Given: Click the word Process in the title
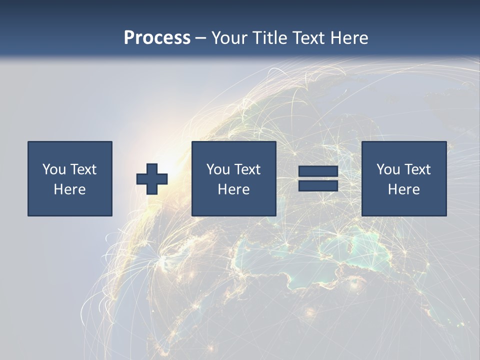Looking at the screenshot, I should (157, 38).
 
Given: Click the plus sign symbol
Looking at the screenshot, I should (152, 179).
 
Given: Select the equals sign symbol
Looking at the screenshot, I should (318, 179).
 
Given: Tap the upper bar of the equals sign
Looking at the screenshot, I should (318, 171).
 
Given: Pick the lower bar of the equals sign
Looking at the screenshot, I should (318, 186).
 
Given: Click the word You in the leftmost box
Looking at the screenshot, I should (54, 169).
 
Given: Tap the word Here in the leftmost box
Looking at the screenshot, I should (70, 189).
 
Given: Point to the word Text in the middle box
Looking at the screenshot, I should (247, 169).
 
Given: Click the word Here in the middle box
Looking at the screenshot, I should (234, 189).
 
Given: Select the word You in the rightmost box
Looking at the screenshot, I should (388, 169).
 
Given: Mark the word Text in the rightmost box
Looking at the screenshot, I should (417, 169).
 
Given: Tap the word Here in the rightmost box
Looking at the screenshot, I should (404, 189).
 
